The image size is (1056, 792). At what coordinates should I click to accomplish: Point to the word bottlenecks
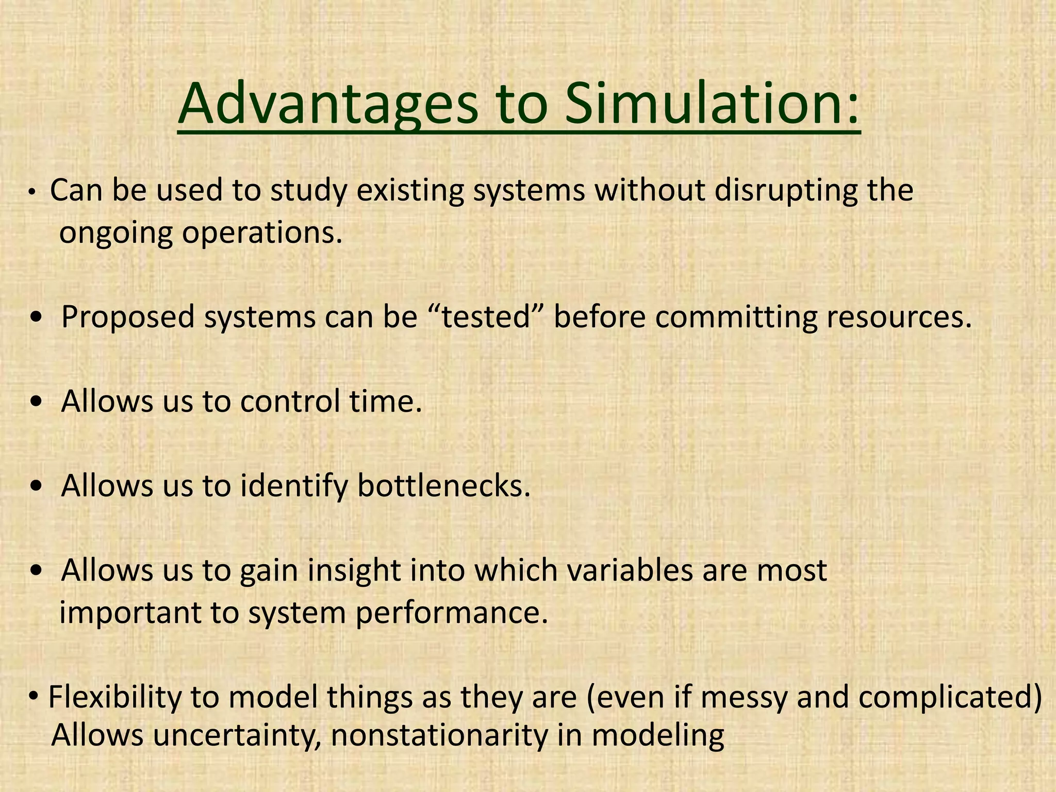[444, 486]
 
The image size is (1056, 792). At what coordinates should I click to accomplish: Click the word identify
[294, 487]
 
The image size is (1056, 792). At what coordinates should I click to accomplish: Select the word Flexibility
[114, 698]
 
